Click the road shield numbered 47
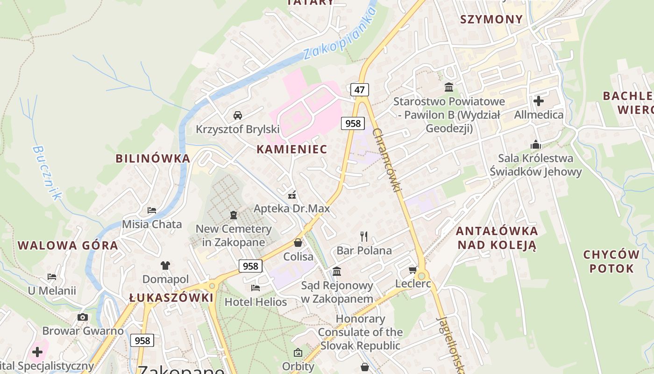tap(359, 90)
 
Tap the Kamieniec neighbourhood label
tap(291, 149)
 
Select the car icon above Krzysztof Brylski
tap(237, 115)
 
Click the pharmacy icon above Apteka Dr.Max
tap(292, 194)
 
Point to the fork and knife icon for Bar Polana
tap(364, 236)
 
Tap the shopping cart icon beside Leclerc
tap(412, 270)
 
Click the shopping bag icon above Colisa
tap(298, 243)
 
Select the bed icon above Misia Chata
tap(152, 210)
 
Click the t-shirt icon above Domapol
tap(165, 266)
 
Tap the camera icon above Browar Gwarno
tap(83, 317)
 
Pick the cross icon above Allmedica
tap(539, 101)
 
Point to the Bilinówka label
tap(153, 158)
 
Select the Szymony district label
tap(491, 19)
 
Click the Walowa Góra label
tap(68, 245)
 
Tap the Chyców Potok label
tap(611, 261)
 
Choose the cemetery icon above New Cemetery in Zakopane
tap(233, 215)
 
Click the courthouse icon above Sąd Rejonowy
tap(337, 271)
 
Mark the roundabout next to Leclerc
tap(422, 275)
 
